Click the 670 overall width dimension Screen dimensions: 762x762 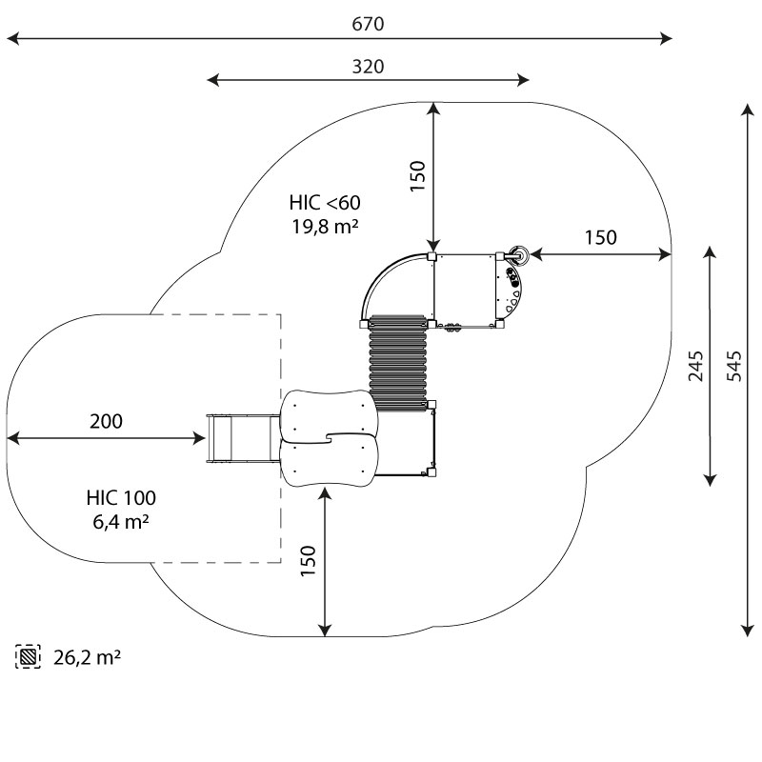coord(368,25)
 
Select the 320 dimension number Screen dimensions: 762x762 coord(368,66)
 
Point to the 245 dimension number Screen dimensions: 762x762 coord(696,367)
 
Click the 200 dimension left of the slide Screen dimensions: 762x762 coord(106,421)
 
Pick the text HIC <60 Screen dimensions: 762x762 coord(326,202)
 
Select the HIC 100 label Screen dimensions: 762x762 coord(121,497)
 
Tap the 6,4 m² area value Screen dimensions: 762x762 coord(120,521)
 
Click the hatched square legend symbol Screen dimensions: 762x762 coord(29,656)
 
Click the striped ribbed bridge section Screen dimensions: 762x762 coord(397,363)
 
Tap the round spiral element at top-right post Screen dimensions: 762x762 coord(520,254)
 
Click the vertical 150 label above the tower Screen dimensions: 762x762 coord(417,176)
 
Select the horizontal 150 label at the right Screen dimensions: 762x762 coord(600,238)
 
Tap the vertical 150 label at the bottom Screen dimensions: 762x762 coord(308,563)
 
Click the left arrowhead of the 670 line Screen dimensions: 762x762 coord(11,39)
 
